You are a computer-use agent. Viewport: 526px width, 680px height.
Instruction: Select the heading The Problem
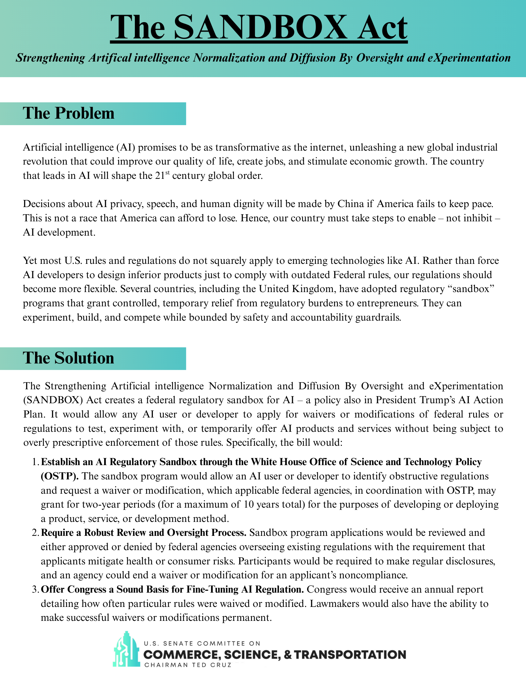click(x=69, y=113)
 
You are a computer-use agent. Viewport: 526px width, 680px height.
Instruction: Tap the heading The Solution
click(x=68, y=358)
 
